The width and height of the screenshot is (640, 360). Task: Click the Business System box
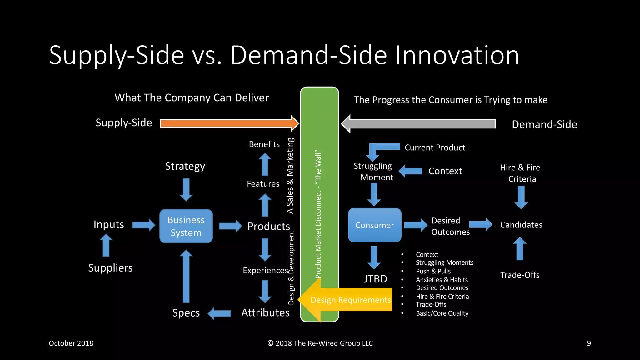pos(186,226)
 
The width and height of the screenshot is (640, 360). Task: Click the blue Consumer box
pos(375,225)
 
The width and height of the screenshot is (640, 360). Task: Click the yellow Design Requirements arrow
pos(347,300)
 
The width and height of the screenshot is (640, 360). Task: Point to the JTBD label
pos(375,279)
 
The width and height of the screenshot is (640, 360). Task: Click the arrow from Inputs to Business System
pos(143,225)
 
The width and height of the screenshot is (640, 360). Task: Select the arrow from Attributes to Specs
pos(220,313)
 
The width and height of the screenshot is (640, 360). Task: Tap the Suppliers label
pos(110,268)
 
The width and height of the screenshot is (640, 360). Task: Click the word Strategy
pos(185,166)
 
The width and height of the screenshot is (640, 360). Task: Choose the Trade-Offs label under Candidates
pos(520,275)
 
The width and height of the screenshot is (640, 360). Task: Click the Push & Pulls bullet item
pos(433,271)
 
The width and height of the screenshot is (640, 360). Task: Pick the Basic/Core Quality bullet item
pos(442,313)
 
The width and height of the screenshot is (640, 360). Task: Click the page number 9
pos(589,343)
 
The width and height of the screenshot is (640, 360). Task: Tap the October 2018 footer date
pos(71,343)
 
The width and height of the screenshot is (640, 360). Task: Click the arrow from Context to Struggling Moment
pos(411,171)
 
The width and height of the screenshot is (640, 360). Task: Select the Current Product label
pos(435,147)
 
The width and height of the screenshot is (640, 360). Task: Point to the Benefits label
pos(264,144)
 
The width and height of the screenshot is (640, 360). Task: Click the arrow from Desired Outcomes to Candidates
pos(481,224)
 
